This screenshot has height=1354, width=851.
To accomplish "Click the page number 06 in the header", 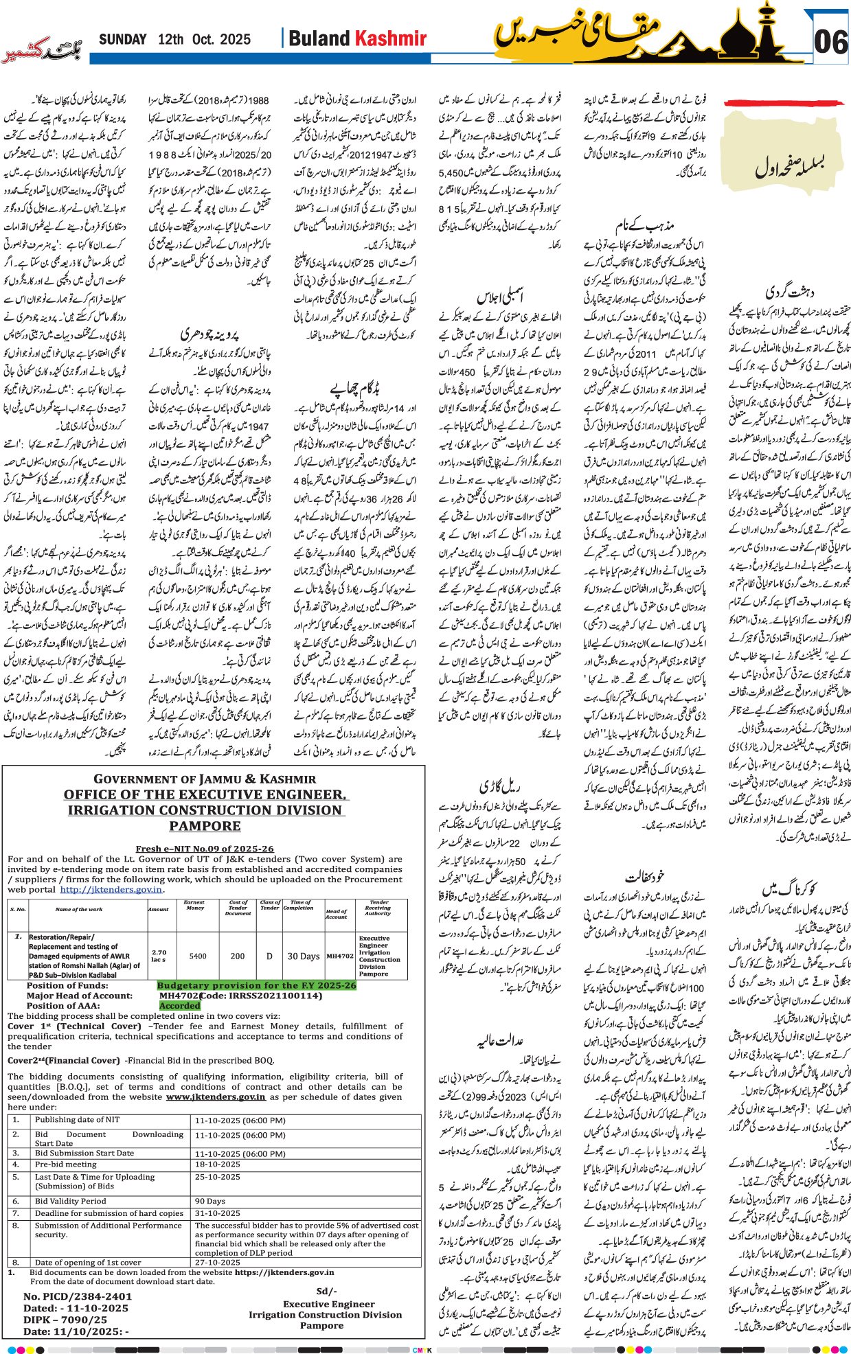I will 830,42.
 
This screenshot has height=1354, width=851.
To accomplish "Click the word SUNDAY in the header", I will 123,39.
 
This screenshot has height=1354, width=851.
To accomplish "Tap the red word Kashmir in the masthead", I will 391,38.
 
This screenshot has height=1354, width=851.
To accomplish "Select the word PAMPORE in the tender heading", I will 205,826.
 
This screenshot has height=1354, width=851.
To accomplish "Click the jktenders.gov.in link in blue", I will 111,889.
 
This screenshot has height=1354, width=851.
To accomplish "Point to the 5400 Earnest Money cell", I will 198,956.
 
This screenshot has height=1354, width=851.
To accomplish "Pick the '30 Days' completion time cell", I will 303,956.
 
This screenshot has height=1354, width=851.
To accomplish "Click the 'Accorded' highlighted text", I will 179,1005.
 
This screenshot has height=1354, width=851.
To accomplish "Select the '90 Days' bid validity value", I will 210,1201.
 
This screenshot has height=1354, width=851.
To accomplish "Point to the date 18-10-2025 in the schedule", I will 218,1164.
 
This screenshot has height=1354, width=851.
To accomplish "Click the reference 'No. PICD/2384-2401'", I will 78,1296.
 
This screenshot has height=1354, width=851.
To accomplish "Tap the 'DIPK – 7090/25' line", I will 65,1319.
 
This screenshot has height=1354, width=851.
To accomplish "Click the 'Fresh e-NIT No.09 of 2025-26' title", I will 205,849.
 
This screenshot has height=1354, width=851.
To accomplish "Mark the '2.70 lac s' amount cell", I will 159,956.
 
